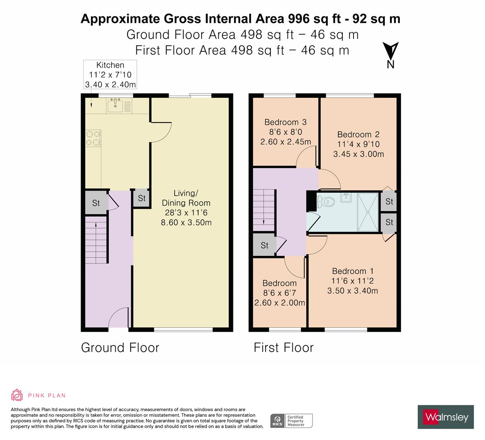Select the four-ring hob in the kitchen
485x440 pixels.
[93, 138]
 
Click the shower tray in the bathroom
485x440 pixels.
[368, 211]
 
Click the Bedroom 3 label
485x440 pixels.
[285, 122]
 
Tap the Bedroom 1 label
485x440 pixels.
[353, 271]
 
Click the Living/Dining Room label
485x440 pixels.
[186, 198]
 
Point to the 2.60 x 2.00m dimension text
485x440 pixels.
[279, 303]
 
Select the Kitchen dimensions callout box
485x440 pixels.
[110, 75]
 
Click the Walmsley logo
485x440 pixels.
[445, 417]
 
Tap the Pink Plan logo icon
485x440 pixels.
[17, 395]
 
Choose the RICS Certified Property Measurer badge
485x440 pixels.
[292, 420]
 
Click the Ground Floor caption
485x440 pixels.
[120, 348]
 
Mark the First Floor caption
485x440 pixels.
[283, 348]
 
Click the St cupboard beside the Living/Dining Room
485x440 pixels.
[141, 198]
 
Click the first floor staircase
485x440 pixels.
[263, 210]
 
